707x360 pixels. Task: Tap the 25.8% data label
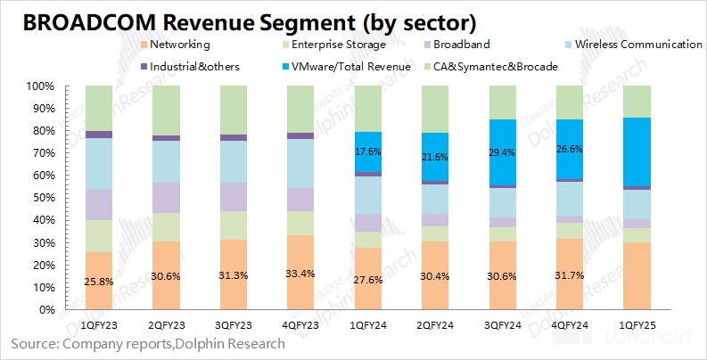point(99,282)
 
